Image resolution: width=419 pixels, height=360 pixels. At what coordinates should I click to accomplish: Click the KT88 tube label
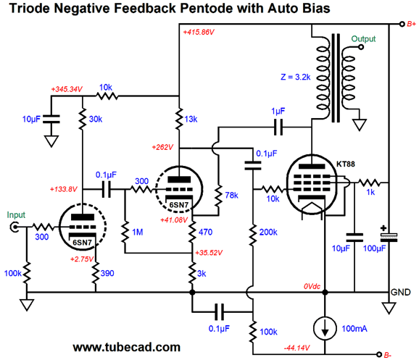click(x=346, y=164)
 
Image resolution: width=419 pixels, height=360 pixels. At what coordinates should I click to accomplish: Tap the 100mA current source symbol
click(x=325, y=328)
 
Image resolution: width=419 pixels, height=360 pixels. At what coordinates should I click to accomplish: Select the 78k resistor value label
click(x=231, y=196)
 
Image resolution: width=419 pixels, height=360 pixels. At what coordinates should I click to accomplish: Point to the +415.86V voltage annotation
click(x=199, y=33)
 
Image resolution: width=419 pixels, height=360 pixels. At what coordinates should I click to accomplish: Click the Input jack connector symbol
click(x=14, y=227)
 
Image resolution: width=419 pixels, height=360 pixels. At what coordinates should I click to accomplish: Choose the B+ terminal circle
click(x=402, y=24)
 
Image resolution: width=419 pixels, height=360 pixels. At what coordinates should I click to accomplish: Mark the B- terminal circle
click(x=378, y=354)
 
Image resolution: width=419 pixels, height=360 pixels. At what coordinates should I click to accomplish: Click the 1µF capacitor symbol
click(x=278, y=127)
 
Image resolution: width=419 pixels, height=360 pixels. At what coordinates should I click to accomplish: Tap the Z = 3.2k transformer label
click(x=296, y=78)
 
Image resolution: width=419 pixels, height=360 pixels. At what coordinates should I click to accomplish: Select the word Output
click(x=363, y=39)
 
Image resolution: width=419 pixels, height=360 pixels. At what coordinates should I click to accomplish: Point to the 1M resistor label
click(x=138, y=232)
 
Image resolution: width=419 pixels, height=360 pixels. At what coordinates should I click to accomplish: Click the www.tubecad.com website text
click(x=127, y=347)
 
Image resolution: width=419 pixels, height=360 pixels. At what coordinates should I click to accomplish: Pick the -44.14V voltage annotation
click(x=296, y=348)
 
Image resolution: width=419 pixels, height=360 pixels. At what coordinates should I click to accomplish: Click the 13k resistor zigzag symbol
click(x=179, y=119)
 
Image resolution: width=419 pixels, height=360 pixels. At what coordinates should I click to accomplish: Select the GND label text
click(x=401, y=292)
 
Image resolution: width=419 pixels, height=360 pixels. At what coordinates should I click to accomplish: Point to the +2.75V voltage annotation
click(x=82, y=259)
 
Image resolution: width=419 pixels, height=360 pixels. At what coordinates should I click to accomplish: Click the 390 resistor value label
click(x=107, y=273)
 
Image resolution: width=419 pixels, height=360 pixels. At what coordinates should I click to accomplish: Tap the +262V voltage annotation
click(x=162, y=147)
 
